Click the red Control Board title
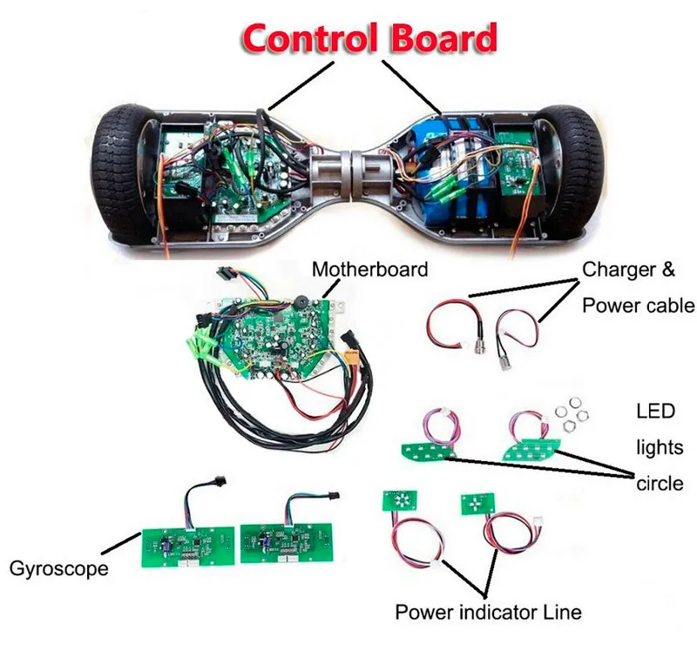(369, 38)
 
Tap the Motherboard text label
(369, 270)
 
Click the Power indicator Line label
(489, 612)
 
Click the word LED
(655, 412)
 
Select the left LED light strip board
(428, 452)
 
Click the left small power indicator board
(400, 500)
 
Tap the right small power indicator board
(477, 503)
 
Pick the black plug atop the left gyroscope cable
(219, 480)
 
